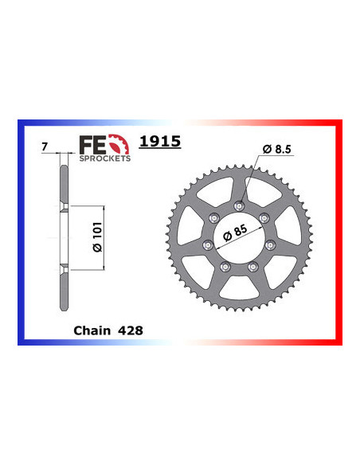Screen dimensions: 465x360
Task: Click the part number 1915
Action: coord(160,143)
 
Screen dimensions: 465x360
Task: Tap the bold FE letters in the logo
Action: coord(92,143)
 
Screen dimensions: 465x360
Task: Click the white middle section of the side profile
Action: coord(63,236)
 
